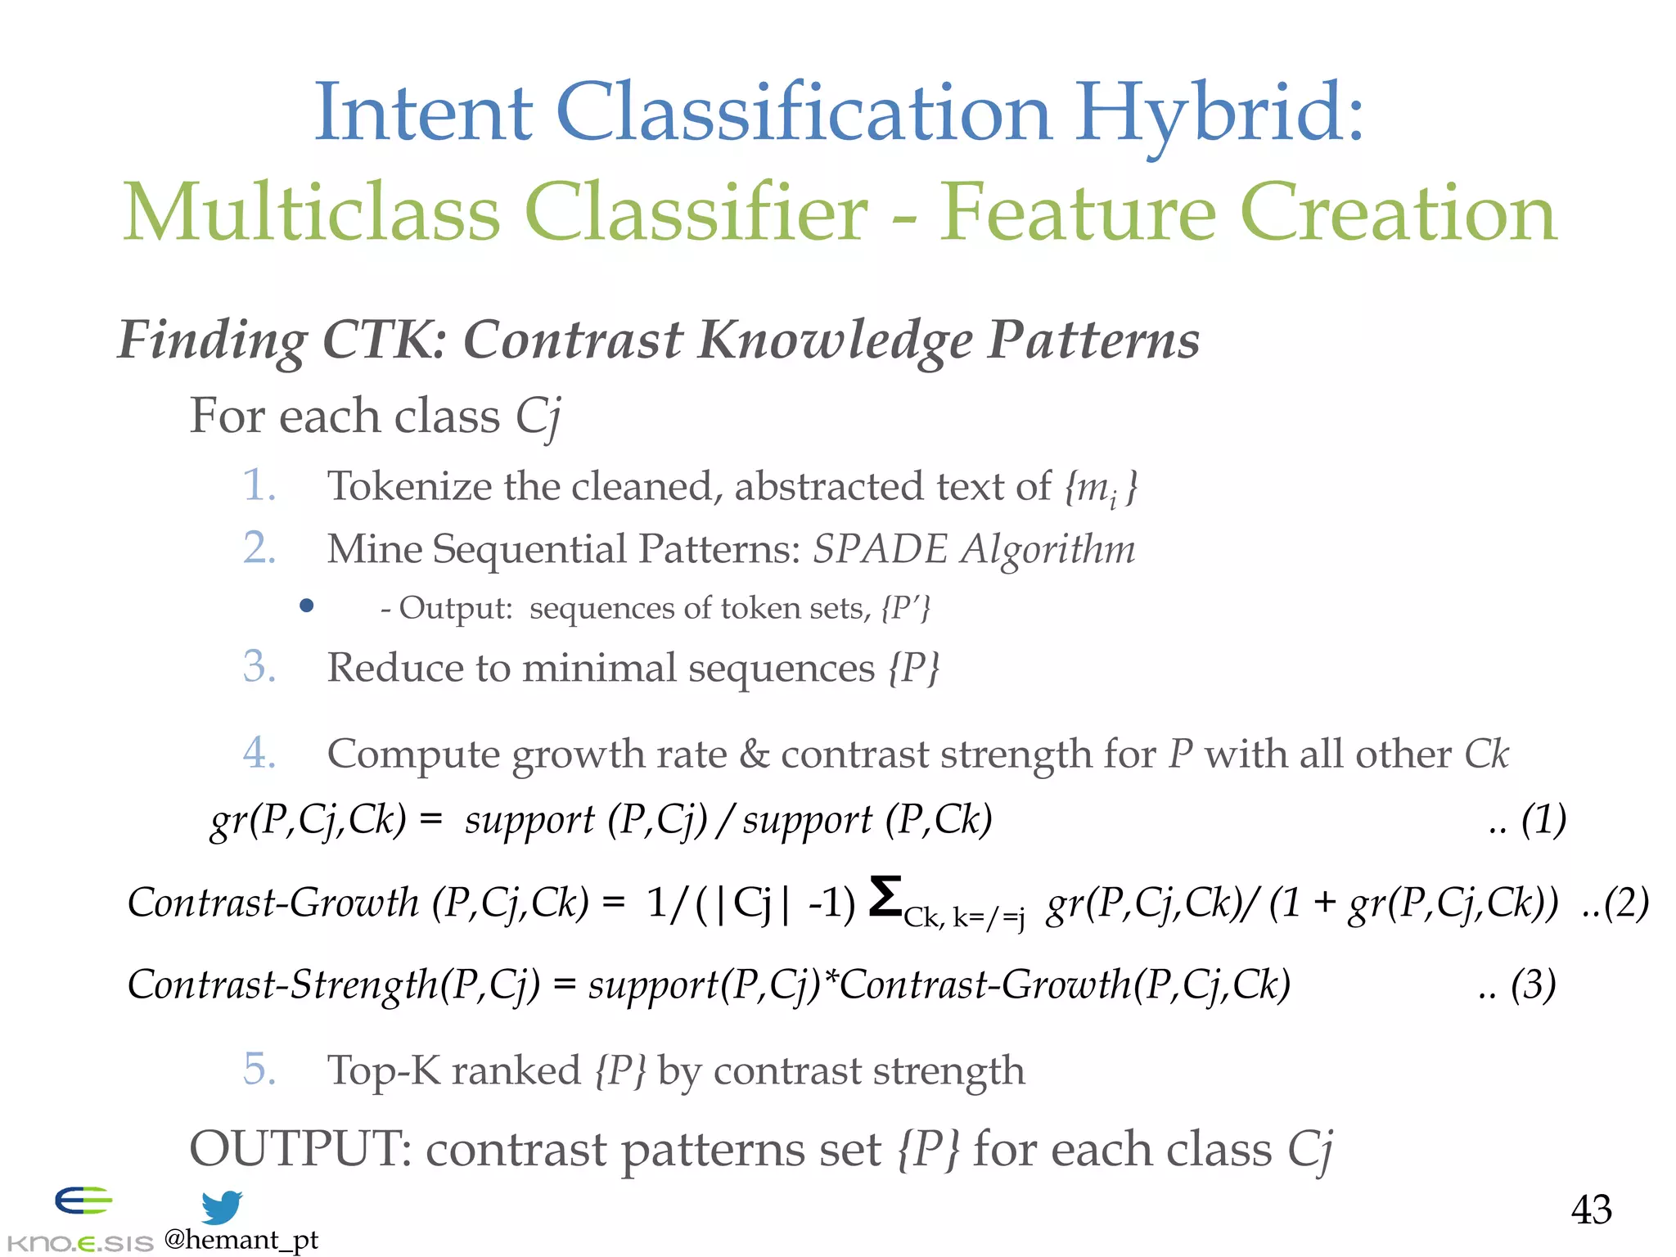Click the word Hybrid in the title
click(x=1219, y=115)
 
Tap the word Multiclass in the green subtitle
click(x=311, y=213)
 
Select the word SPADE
click(x=880, y=549)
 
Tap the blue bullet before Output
click(x=307, y=606)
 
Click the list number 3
click(x=259, y=666)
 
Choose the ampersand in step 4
click(x=754, y=754)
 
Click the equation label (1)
click(x=1543, y=819)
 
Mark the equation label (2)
click(x=1625, y=903)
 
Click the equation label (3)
click(x=1533, y=984)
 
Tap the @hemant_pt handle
click(x=241, y=1240)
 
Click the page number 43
click(x=1591, y=1210)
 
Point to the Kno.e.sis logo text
click(x=79, y=1243)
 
